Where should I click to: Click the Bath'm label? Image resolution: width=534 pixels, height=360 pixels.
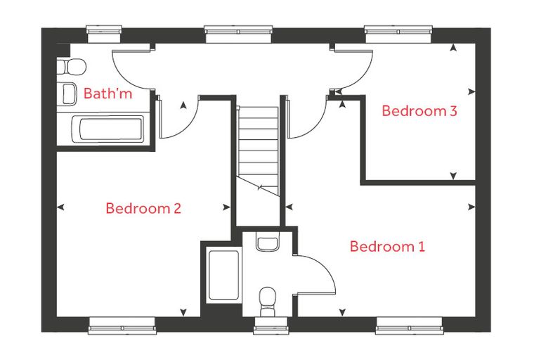coord(108,93)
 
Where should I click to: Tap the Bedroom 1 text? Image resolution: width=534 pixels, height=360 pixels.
coord(388,246)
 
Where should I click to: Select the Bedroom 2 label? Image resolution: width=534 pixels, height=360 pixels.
coord(143,208)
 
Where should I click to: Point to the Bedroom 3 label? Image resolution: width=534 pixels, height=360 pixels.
coord(419,111)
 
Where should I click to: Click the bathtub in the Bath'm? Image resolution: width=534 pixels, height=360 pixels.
coord(108,129)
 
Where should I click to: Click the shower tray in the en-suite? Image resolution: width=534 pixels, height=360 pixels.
coord(223,275)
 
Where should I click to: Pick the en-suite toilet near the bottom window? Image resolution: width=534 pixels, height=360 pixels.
coord(267,302)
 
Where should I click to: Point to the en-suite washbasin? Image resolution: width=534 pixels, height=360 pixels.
coord(267,242)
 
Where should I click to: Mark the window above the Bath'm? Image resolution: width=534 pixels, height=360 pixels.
coord(104,34)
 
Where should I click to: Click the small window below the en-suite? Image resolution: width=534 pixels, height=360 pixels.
coord(271,325)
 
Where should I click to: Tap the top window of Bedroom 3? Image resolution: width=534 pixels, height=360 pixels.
coord(398,34)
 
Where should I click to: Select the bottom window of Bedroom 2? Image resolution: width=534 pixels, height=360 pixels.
coord(122,326)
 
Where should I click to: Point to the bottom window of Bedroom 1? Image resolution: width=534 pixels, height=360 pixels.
coord(410,326)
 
